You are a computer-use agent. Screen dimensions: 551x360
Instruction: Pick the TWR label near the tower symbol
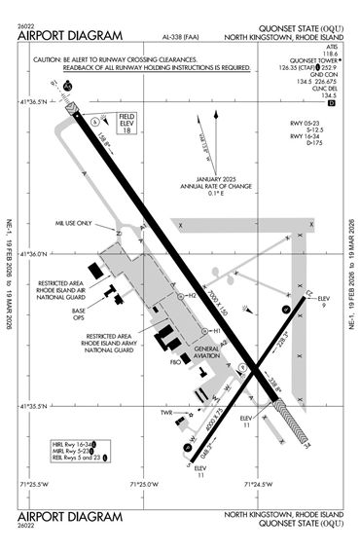click(166, 413)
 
